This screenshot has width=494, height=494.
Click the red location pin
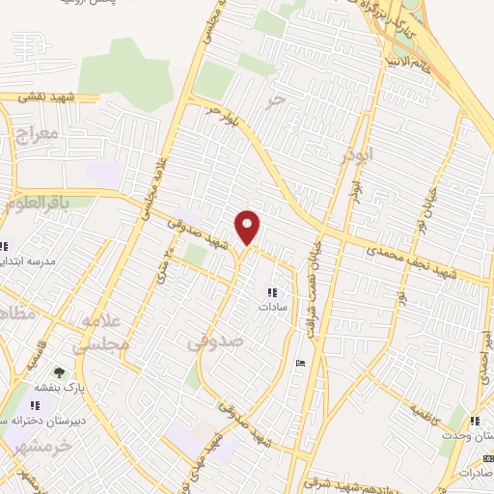pos(249,227)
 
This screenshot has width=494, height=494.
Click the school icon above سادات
pos(271,291)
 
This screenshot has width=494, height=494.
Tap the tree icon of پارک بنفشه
pos(59,371)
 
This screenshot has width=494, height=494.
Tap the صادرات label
pos(475,473)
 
